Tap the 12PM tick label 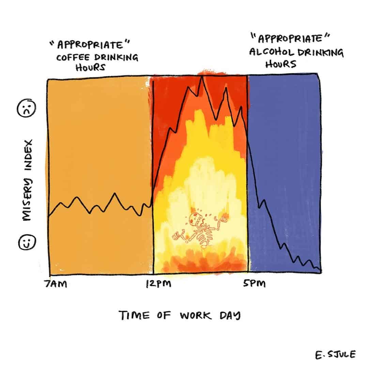(x=158, y=284)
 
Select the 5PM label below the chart (x=254, y=284)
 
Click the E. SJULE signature (x=335, y=355)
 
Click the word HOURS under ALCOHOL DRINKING (x=280, y=64)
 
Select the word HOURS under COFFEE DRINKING (x=90, y=67)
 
